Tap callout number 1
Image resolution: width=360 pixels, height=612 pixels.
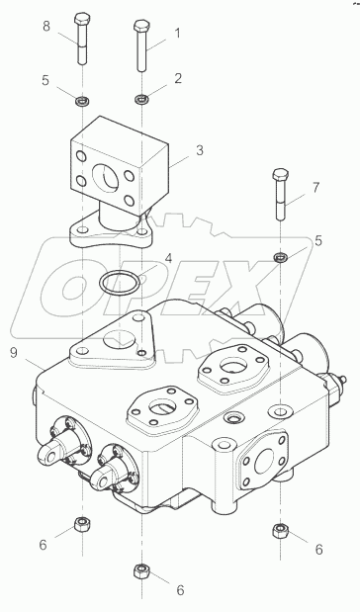178,32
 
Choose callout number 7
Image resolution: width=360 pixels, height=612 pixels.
315,187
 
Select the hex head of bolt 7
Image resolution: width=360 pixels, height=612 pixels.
279,177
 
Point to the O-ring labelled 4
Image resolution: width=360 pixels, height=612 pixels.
119,283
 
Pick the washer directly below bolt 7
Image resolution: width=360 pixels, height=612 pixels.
279,257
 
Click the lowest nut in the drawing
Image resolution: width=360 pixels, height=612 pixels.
140,570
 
